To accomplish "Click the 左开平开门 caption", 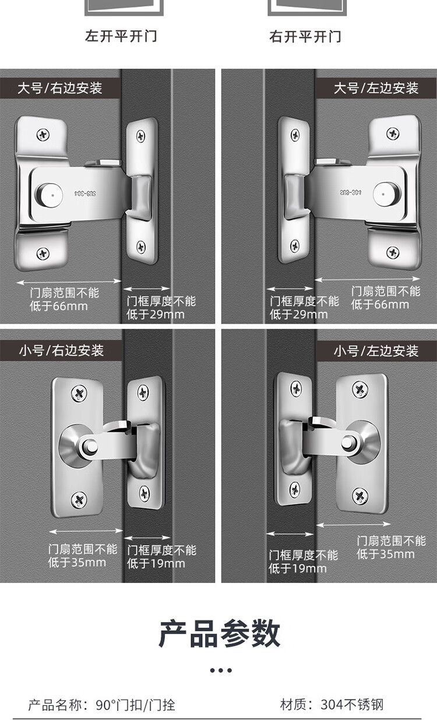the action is tap(121, 36).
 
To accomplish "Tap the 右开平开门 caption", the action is tap(305, 36).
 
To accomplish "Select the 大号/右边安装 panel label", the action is tap(60, 88).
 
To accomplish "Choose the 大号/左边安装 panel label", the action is tap(376, 88).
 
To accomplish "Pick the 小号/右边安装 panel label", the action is tap(61, 350).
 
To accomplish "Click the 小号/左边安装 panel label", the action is tap(376, 351).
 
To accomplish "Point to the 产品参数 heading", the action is tap(220, 633).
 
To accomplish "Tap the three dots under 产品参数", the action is tap(221, 670).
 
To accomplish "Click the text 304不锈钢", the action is tap(352, 705).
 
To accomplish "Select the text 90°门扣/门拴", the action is tap(135, 705).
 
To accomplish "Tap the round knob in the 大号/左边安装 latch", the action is tap(387, 194).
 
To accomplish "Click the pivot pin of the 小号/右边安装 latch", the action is tap(90, 446).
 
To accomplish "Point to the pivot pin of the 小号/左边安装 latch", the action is tap(349, 442).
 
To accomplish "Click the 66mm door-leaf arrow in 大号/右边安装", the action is tap(69, 282).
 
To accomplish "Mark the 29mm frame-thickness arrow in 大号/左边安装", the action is tap(290, 289).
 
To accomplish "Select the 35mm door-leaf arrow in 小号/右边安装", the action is tap(86, 532).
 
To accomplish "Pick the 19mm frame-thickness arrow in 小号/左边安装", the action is tap(290, 534).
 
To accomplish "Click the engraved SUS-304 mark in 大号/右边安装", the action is tap(85, 193).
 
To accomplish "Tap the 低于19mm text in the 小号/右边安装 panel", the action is tap(156, 563).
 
